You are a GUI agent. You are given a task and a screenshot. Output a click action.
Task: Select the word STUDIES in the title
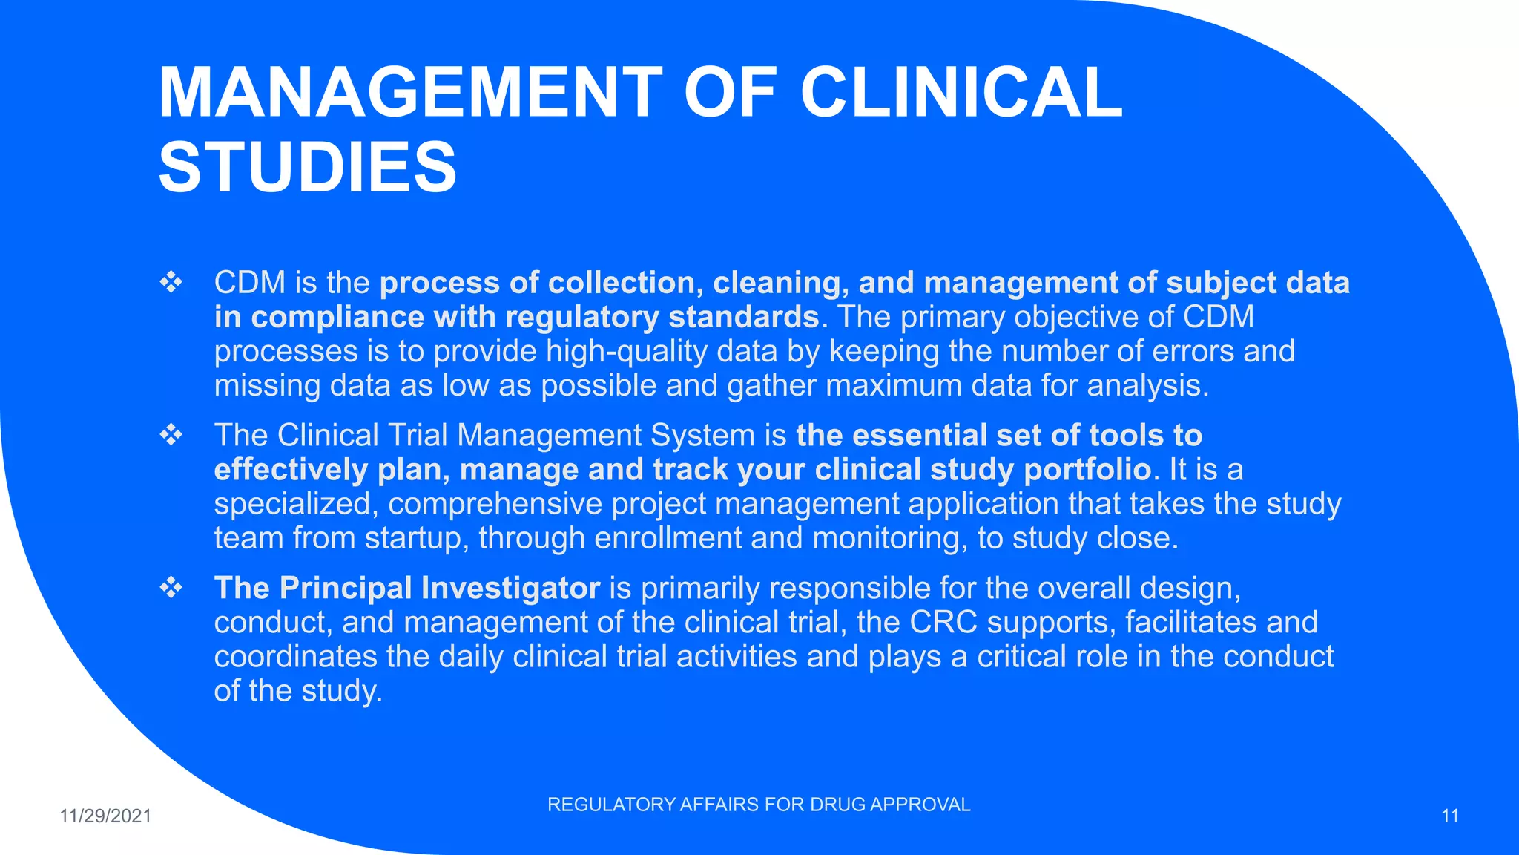308,167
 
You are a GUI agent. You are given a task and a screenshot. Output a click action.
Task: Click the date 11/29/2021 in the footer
105,816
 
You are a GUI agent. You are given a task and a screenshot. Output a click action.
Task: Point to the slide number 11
1450,816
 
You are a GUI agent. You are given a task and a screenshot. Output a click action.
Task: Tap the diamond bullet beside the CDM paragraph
171,283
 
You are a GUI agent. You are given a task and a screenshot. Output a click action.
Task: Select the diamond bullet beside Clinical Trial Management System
171,435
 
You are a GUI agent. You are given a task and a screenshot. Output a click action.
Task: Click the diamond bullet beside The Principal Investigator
171,588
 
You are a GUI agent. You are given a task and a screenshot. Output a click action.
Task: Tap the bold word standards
743,317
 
